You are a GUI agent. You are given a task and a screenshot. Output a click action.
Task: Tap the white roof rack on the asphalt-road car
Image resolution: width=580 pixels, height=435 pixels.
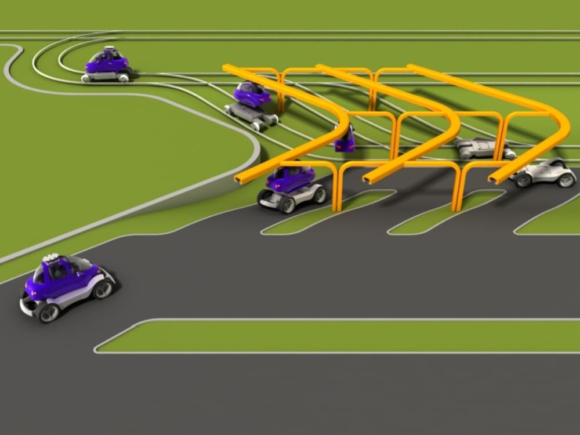[53, 258]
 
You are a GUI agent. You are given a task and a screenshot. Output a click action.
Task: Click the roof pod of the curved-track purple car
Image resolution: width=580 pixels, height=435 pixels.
[110, 49]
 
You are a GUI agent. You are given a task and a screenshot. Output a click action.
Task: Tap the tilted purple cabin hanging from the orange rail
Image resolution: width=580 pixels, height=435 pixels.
[345, 139]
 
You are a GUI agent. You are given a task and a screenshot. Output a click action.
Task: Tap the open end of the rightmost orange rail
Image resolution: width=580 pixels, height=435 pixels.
[492, 180]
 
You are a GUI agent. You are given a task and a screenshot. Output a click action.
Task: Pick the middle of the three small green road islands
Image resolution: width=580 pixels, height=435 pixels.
[441, 217]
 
